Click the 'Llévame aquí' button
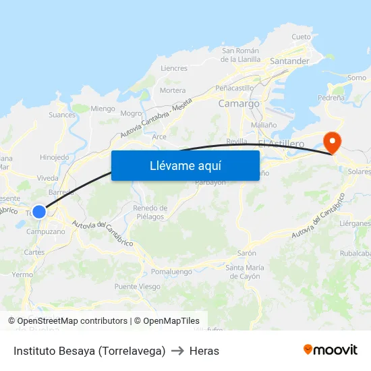(185, 165)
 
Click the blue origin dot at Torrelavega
(39, 211)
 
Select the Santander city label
(289, 61)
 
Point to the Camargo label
(239, 104)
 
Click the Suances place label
(62, 115)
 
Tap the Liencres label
(174, 68)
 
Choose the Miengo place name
(103, 109)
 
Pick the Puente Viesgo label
(138, 287)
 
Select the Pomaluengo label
(168, 271)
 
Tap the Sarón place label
(246, 253)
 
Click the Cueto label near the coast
(301, 36)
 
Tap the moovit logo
(331, 350)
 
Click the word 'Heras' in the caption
(204, 351)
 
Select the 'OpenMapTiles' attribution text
(171, 321)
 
